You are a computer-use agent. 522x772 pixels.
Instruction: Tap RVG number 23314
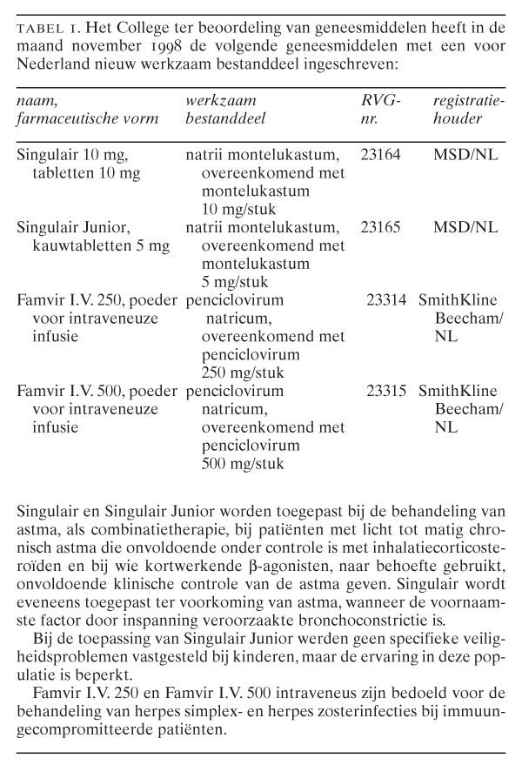pyautogui.click(x=388, y=300)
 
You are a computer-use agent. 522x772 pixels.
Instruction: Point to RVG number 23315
pyautogui.click(x=388, y=389)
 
